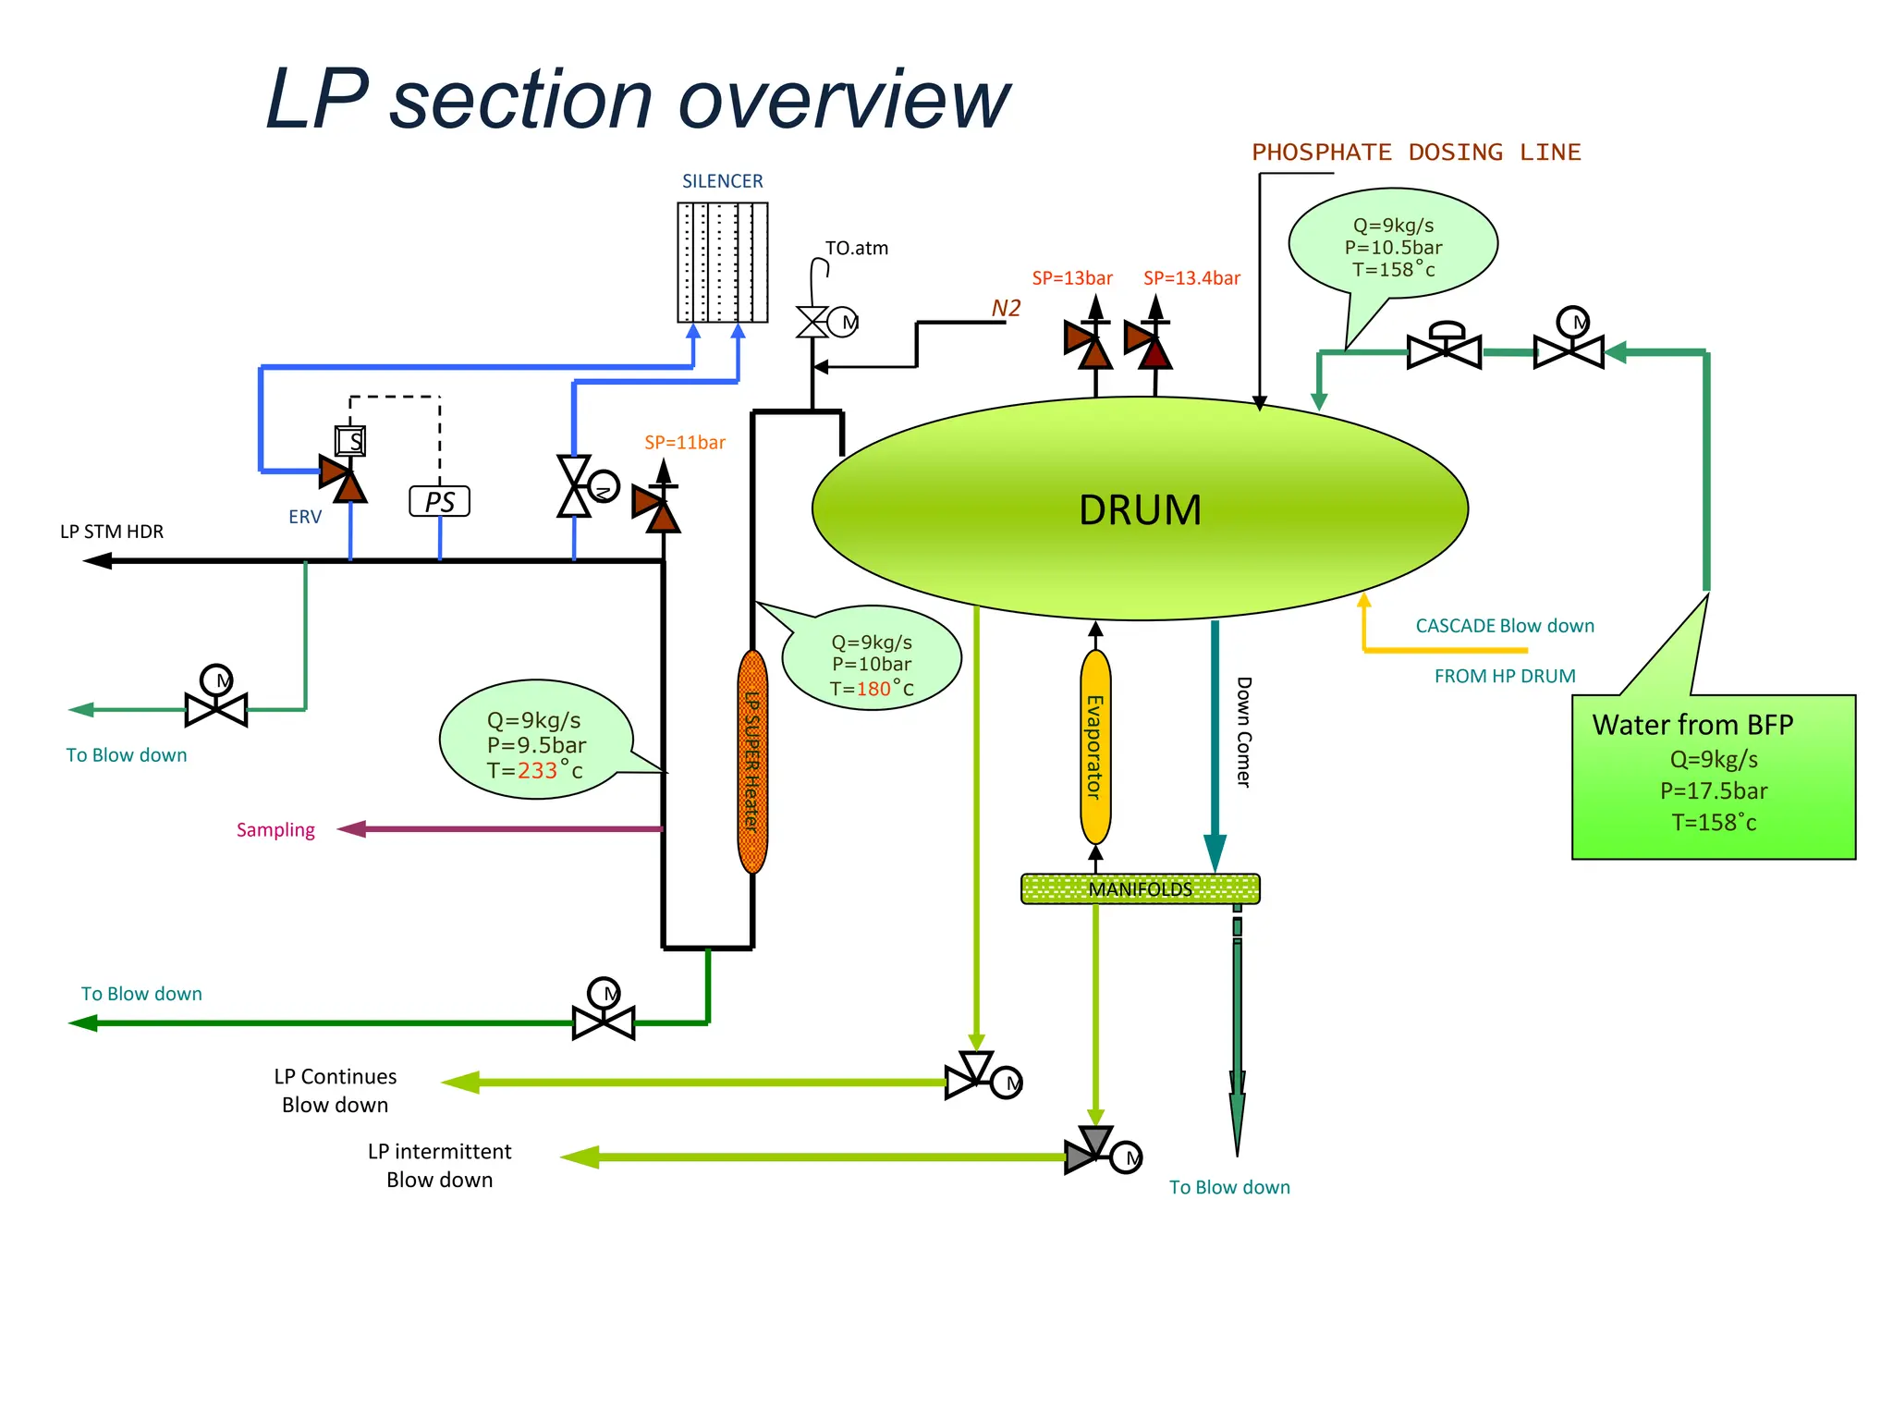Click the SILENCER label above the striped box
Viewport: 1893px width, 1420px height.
(x=722, y=181)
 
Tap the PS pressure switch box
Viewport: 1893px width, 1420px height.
(x=439, y=501)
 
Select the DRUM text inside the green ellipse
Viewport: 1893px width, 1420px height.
(x=1140, y=510)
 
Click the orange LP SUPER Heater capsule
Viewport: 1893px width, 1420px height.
(x=752, y=762)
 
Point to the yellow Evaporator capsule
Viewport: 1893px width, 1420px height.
(x=1095, y=747)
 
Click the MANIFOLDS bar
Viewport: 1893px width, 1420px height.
(x=1140, y=888)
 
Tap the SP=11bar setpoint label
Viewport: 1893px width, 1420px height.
(x=685, y=442)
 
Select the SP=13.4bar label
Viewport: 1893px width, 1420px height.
(x=1191, y=278)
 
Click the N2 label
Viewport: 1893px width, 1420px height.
(x=1006, y=308)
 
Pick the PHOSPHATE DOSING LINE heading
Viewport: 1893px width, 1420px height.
(x=1416, y=153)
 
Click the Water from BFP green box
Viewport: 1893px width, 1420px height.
(x=1713, y=777)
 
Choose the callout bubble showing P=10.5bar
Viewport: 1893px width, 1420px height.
(x=1393, y=246)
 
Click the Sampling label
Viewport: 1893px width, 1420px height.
(x=275, y=829)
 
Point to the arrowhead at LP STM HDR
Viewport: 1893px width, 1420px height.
(x=96, y=560)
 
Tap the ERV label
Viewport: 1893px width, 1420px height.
(x=305, y=517)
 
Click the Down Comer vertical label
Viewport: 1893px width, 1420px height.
(x=1244, y=732)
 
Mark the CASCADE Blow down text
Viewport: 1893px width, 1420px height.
(x=1504, y=626)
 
